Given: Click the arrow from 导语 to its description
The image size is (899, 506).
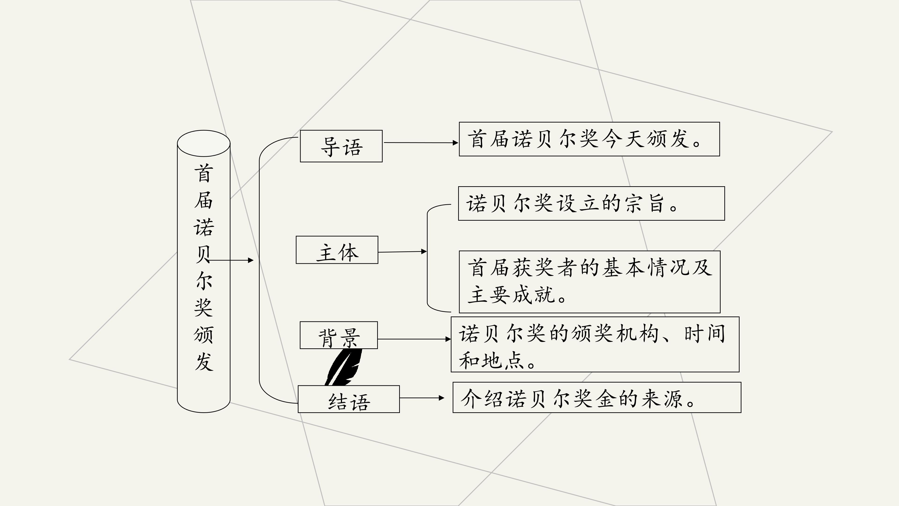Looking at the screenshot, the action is pos(420,142).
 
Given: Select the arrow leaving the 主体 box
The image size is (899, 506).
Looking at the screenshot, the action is pos(402,251).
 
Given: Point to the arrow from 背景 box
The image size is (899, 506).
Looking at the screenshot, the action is pos(414,339).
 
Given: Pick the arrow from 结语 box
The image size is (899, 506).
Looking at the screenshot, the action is pos(422,398).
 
